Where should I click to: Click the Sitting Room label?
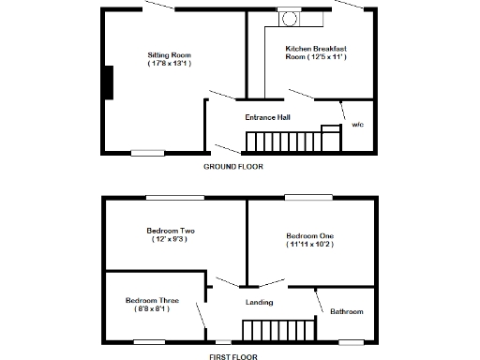click(170, 55)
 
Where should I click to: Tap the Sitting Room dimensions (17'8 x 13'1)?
click(170, 64)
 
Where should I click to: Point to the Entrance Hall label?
click(267, 117)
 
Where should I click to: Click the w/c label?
click(357, 124)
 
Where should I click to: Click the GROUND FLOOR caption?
click(233, 166)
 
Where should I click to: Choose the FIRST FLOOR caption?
click(233, 356)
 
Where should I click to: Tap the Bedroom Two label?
click(170, 231)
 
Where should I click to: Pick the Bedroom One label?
click(309, 235)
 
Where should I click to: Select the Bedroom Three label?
click(150, 301)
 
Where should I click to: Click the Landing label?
click(259, 302)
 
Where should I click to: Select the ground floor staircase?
click(281, 142)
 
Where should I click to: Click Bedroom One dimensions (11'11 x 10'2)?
click(309, 245)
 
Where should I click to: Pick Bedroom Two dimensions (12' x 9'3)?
click(170, 240)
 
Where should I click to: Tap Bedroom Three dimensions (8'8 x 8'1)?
click(150, 310)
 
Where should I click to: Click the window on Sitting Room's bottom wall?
click(147, 152)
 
